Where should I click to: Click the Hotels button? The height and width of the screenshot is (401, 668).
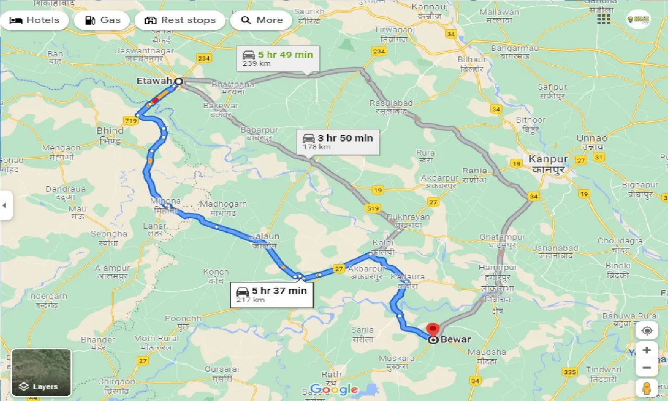click(34, 20)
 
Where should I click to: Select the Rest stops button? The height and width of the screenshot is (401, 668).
click(180, 20)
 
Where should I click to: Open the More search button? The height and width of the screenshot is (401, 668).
click(261, 20)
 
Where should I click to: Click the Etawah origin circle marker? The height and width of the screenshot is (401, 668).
click(178, 81)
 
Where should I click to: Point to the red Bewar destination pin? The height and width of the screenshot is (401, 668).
click(433, 331)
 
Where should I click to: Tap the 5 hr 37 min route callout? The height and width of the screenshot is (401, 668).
click(271, 294)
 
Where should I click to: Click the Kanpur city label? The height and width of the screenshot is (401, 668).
click(547, 159)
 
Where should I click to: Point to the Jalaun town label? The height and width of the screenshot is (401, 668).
click(265, 237)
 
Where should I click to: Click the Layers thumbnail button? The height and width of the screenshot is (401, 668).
click(41, 372)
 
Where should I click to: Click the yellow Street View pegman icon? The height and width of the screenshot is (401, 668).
click(647, 388)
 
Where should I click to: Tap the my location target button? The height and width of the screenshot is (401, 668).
click(647, 331)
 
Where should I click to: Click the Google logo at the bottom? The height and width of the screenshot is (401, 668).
click(334, 389)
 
